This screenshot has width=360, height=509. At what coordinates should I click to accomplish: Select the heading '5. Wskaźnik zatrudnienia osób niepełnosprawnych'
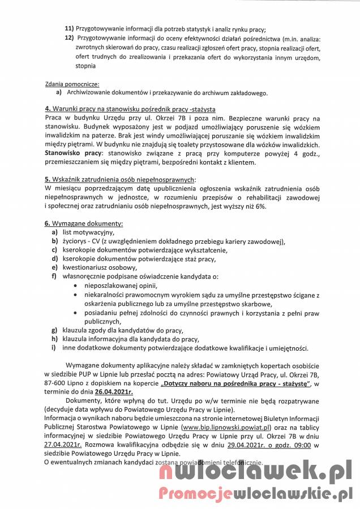point(119,179)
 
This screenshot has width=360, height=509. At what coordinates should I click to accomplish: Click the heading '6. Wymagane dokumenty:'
point(83,223)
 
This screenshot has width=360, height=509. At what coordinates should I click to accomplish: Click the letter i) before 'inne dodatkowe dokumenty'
point(55,347)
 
